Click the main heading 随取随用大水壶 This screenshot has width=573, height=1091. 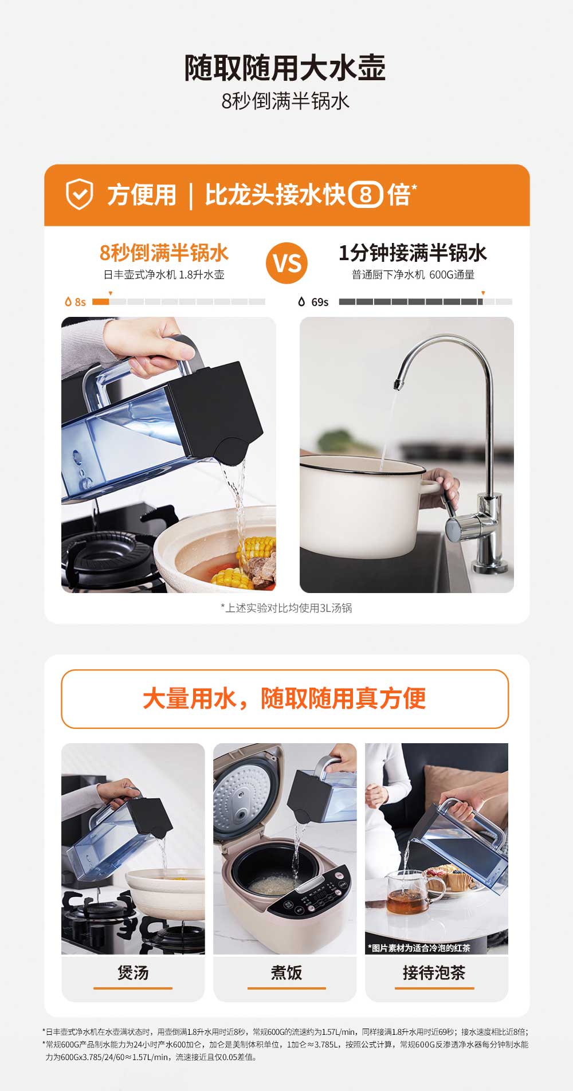click(x=285, y=68)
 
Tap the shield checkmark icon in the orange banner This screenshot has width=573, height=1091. click(x=79, y=195)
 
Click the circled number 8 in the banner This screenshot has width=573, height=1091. click(x=366, y=195)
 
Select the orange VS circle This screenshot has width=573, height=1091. click(x=286, y=264)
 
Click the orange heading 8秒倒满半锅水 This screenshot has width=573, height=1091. click(x=164, y=253)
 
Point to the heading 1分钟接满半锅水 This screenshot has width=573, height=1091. click(x=413, y=253)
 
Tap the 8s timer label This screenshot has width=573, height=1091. click(x=76, y=302)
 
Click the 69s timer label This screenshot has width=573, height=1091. click(x=313, y=302)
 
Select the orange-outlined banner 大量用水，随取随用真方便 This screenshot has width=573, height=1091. click(x=285, y=699)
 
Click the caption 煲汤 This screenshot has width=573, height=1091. click(x=133, y=973)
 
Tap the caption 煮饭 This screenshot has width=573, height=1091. click(x=286, y=973)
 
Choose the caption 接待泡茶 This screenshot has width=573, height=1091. click(x=434, y=973)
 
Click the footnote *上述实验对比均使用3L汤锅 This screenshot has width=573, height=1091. click(x=286, y=608)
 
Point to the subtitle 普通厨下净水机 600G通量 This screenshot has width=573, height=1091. click(x=413, y=275)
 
